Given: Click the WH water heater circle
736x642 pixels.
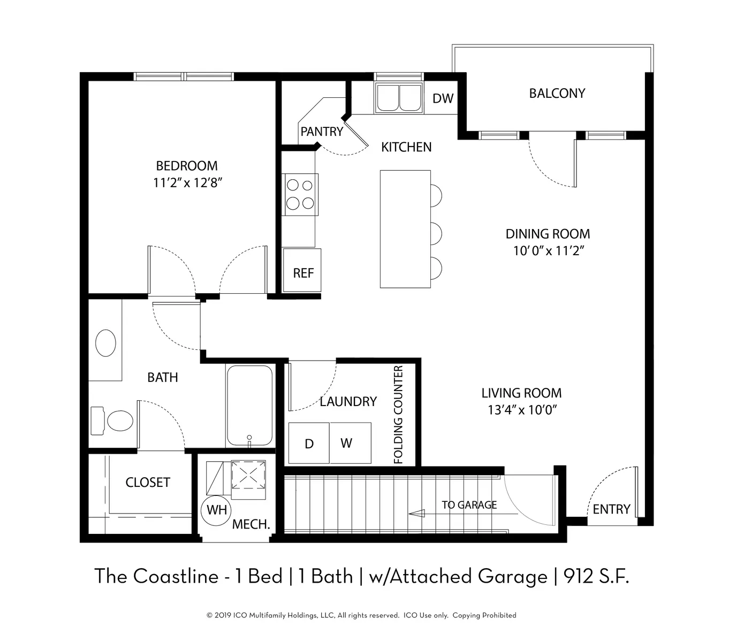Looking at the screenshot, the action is coord(216,509).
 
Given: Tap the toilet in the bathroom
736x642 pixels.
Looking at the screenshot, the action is coord(111,421).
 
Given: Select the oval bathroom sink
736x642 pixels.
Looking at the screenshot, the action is coord(105,343).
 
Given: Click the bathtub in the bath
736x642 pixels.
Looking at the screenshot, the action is coord(249,406).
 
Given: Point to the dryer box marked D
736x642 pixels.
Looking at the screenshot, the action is coord(309,443).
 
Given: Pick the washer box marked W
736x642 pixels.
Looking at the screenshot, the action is coord(351,443).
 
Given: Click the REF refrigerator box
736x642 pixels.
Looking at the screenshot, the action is coord(302,270).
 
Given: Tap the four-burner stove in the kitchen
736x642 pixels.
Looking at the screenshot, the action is coord(300,194).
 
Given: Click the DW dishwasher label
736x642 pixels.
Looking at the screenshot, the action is coord(443,98).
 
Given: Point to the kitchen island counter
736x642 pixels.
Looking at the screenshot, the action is coord(405,229).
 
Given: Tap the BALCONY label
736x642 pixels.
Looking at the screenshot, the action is coord(557,94).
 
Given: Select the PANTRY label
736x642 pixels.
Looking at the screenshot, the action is coord(322,132).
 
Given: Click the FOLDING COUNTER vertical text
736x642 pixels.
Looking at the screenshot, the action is coord(398,415).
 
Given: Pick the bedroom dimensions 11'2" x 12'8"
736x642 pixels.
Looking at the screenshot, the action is coord(187,182).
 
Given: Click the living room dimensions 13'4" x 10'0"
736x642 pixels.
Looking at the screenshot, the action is coord(522,410).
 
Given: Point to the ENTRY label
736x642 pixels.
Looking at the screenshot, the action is coord(611,509).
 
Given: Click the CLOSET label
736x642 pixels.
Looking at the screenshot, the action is coord(148,483).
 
